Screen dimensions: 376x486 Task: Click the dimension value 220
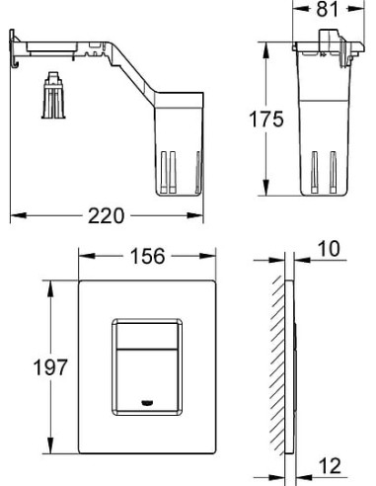coord(106,216)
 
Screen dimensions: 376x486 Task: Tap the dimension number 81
coord(328,9)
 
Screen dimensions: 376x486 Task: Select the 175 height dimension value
coord(266,120)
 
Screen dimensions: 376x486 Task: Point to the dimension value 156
coord(147,256)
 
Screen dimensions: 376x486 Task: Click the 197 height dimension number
coord(50,367)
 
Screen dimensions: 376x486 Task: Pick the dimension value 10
coord(329,249)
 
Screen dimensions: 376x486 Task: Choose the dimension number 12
coord(330,466)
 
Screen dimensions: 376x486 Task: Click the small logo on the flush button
coord(147,402)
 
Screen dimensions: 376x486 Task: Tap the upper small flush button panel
coord(147,336)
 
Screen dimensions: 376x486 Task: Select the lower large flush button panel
coord(147,380)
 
